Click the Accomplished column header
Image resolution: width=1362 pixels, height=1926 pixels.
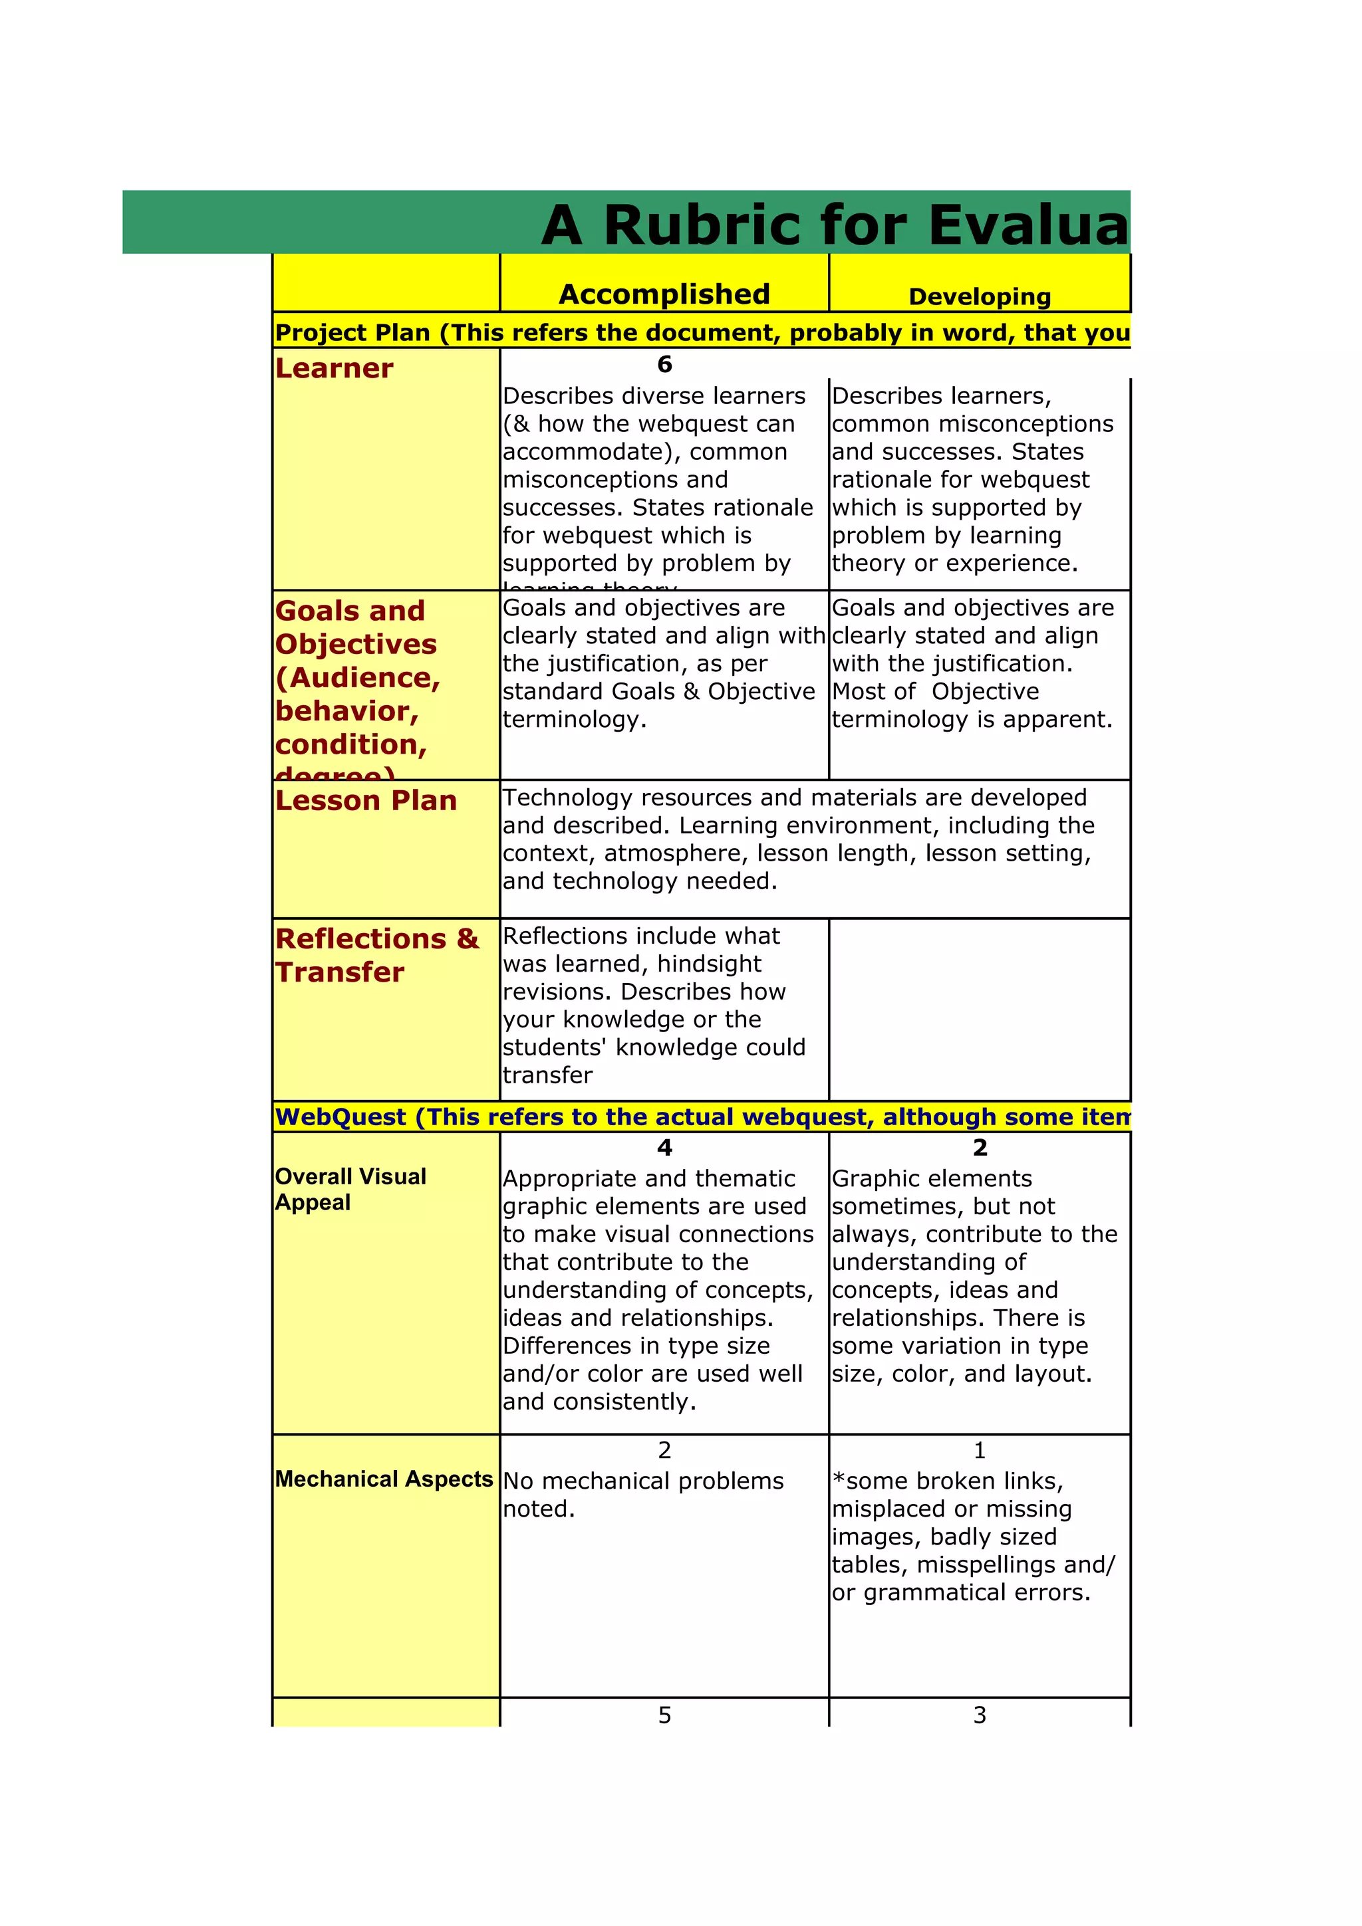coord(664,294)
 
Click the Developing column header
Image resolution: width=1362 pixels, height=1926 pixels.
coord(980,296)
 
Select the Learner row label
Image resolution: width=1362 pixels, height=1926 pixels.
coord(334,368)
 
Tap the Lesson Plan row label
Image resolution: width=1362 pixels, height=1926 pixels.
coord(366,800)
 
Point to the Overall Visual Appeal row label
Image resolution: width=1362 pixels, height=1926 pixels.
coord(350,1189)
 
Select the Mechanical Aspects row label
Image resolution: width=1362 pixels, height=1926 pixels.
coord(384,1478)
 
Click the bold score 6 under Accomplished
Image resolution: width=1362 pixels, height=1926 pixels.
coord(664,364)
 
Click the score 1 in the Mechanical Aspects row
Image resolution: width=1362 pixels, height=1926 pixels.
coord(980,1449)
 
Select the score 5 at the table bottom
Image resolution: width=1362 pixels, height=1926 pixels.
coord(664,1715)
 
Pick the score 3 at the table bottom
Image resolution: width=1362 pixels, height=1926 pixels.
coord(980,1715)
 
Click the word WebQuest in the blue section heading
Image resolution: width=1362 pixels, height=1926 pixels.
coord(340,1117)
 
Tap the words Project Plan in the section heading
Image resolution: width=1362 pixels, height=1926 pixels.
coord(352,333)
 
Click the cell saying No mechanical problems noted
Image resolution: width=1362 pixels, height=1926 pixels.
coord(643,1494)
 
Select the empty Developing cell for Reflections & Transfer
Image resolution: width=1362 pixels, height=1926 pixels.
coord(980,1008)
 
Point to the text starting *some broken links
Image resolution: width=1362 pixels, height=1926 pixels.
coord(948,1481)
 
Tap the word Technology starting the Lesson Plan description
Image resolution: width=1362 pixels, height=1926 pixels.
coord(564,797)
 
